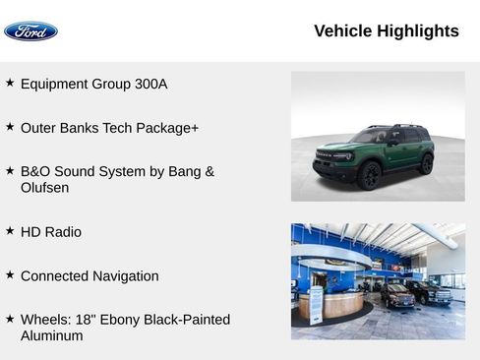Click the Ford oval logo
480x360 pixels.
pos(30,31)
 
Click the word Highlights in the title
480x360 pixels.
pos(418,31)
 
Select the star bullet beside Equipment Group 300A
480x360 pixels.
pos(10,84)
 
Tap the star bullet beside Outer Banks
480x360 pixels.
pos(10,127)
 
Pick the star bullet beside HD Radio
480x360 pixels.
pos(10,231)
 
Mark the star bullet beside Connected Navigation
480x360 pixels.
pos(10,275)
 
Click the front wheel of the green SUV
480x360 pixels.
pos(370,175)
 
